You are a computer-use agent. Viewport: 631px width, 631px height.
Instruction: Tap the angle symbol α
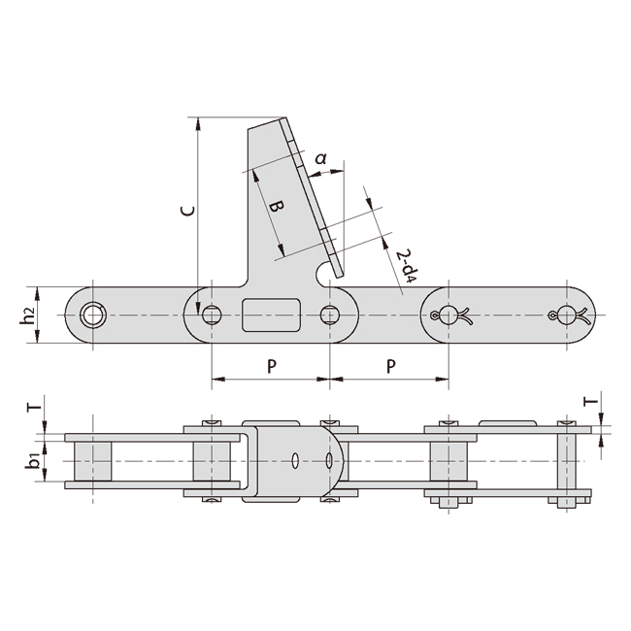tap(321, 157)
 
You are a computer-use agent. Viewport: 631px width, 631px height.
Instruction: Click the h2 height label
tap(29, 315)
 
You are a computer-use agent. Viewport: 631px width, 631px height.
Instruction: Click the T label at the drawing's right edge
tap(587, 401)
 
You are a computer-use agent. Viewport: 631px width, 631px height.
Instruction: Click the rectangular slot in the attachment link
tap(271, 315)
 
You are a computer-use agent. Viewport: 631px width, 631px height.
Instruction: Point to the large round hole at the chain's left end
tap(93, 315)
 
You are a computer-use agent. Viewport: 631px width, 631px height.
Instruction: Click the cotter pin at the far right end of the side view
tap(568, 315)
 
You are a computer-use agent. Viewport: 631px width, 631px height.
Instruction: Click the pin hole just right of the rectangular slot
tap(330, 315)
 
